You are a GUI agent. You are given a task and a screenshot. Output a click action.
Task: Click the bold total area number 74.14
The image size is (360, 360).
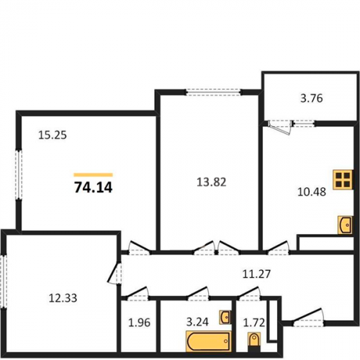(x=94, y=187)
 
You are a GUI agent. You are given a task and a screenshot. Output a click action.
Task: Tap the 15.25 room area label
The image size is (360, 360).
(x=53, y=135)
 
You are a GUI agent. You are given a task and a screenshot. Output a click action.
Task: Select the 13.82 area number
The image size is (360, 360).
(x=212, y=182)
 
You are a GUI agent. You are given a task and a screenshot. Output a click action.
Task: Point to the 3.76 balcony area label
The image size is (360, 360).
(x=312, y=99)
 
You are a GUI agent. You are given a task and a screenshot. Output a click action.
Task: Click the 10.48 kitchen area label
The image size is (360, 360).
(x=312, y=192)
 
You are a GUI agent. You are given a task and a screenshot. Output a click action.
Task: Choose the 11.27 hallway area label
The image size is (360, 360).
(x=256, y=274)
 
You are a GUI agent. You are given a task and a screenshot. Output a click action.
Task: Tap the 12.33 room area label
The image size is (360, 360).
(x=63, y=298)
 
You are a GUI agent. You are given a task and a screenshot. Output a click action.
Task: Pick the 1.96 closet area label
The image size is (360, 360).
(x=139, y=323)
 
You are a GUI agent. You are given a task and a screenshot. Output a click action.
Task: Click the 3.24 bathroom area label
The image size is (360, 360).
(x=197, y=322)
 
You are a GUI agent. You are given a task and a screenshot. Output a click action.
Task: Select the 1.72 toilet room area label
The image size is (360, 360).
(x=254, y=323)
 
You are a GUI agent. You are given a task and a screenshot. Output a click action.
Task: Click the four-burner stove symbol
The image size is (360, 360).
(x=343, y=180)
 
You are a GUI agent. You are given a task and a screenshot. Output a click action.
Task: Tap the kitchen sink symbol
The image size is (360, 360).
(x=345, y=225)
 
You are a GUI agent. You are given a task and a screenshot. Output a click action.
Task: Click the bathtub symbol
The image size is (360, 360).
(x=209, y=341)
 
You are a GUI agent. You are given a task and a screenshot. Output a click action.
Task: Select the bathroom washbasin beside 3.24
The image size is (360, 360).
(x=225, y=318)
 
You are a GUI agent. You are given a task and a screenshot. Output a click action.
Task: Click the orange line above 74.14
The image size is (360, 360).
(x=93, y=175)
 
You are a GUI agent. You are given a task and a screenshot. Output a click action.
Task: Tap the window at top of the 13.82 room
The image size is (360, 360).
(x=214, y=92)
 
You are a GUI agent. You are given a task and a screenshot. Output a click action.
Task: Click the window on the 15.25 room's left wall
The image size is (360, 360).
(x=19, y=174)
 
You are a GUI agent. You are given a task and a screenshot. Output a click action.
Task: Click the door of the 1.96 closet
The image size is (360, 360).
(x=136, y=294)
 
